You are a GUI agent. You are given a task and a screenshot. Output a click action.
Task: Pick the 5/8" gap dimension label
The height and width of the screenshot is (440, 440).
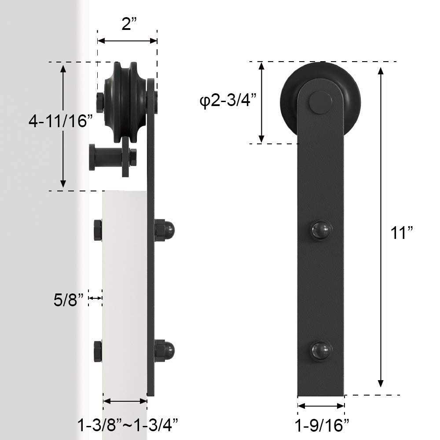pyautogui.click(x=69, y=301)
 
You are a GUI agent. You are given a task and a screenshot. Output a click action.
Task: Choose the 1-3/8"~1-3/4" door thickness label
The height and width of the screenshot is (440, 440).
pyautogui.click(x=128, y=425)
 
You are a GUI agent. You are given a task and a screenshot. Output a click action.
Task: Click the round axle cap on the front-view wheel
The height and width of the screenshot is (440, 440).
pyautogui.click(x=320, y=103)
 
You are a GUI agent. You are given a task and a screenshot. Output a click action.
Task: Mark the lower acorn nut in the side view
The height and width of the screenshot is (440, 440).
pyautogui.click(x=165, y=351)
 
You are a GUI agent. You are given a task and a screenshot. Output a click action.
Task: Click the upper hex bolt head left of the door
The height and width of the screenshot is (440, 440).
pyautogui.click(x=98, y=230)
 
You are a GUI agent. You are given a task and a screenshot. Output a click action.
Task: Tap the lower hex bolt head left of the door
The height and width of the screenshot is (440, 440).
pyautogui.click(x=98, y=351)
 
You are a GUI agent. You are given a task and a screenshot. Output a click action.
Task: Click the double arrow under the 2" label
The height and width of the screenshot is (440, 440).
pyautogui.click(x=127, y=41)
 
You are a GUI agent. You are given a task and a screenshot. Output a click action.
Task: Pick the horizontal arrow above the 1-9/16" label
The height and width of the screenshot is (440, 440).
pyautogui.click(x=321, y=406)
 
